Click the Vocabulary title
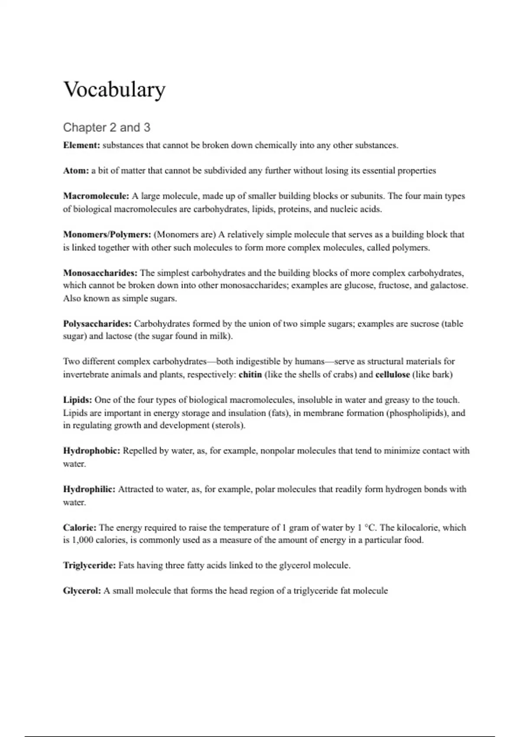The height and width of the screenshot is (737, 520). [114, 90]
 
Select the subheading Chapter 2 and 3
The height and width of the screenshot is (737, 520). [107, 127]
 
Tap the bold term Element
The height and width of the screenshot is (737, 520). [81, 145]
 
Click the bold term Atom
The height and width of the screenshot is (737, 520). [76, 171]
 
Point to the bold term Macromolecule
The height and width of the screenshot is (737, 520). [96, 196]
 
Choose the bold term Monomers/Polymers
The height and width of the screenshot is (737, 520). [107, 235]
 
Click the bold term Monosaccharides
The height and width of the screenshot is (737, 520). [100, 273]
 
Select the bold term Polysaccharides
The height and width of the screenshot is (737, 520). [97, 324]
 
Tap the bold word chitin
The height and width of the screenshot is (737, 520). [250, 375]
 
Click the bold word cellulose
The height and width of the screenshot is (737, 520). [392, 375]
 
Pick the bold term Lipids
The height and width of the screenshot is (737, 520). [78, 400]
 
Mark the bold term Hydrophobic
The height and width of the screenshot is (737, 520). [91, 451]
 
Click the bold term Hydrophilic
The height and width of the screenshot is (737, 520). [89, 489]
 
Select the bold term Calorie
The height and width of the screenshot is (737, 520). [80, 528]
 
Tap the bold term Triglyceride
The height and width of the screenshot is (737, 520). [89, 565]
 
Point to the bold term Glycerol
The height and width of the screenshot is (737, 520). [82, 591]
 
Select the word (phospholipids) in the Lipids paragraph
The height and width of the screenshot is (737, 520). [416, 413]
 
